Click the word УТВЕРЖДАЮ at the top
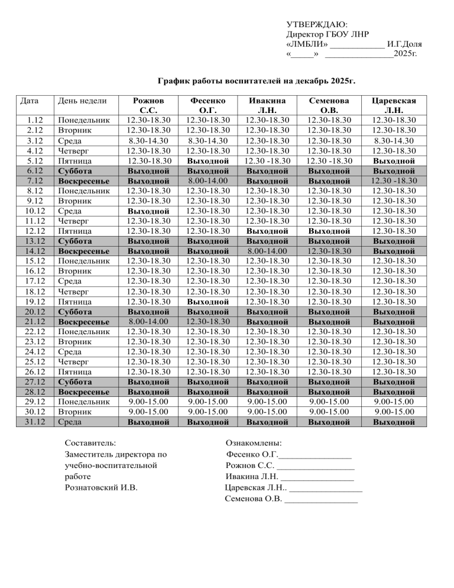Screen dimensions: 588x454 click(x=317, y=25)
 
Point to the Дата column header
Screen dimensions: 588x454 click(x=30, y=101)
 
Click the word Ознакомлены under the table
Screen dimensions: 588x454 click(x=254, y=442)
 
